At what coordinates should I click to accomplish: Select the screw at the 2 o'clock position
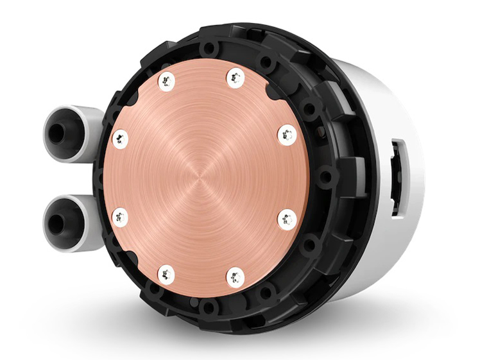click(286, 135)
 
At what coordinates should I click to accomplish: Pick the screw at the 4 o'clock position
click(285, 219)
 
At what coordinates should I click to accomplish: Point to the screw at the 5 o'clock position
click(236, 276)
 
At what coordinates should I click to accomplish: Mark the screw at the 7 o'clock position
click(166, 275)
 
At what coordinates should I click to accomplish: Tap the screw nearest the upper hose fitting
click(119, 137)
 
